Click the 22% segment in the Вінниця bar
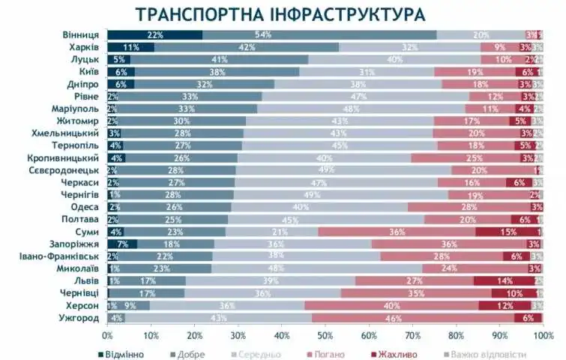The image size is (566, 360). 155,34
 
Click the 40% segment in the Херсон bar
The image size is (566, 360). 391,305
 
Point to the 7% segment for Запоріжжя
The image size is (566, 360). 122,244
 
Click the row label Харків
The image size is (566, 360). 81,47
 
